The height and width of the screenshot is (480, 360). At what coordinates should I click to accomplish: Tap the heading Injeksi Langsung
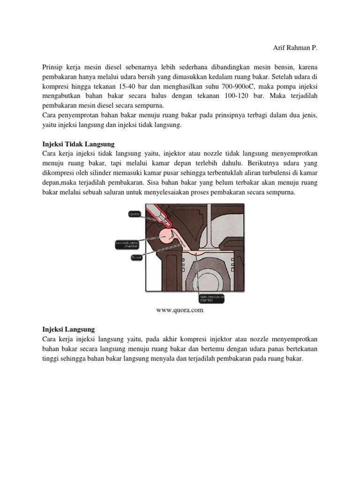click(68, 330)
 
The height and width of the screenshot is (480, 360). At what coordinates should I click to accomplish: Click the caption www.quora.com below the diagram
click(180, 310)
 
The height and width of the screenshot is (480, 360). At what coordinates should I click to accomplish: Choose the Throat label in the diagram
click(136, 257)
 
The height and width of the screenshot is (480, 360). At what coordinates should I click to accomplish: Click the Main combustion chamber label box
click(210, 298)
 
